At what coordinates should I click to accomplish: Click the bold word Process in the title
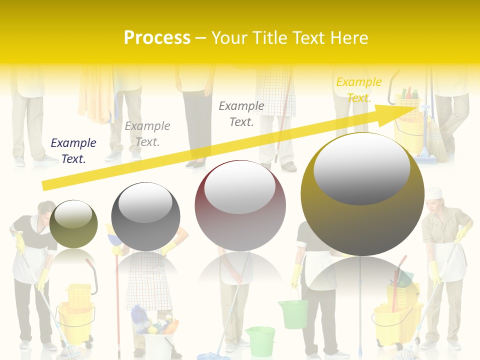(157, 37)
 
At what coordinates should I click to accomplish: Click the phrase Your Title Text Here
(290, 38)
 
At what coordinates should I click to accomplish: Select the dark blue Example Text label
(73, 151)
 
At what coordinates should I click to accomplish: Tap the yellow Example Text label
(359, 90)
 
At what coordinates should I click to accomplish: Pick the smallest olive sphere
(73, 223)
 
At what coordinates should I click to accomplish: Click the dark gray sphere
(145, 216)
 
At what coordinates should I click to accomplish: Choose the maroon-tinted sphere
(240, 206)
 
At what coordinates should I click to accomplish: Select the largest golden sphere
(362, 194)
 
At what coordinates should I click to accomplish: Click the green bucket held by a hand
(293, 313)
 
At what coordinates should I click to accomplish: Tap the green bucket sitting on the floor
(260, 340)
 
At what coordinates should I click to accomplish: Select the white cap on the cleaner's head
(434, 192)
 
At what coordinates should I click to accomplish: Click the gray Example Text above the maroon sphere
(241, 113)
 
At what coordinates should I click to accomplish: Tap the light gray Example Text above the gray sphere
(147, 134)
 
